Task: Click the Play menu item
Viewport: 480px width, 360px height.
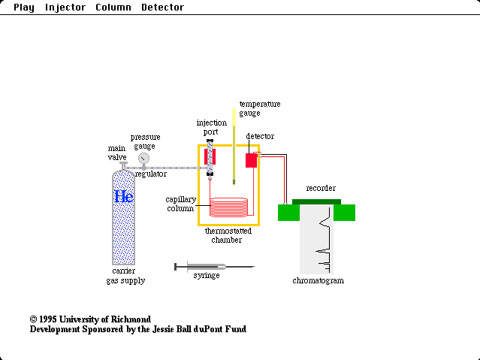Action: click(23, 8)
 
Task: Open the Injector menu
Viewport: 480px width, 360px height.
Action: click(65, 8)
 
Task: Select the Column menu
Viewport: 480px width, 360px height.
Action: click(113, 8)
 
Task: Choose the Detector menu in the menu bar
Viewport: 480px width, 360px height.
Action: click(162, 8)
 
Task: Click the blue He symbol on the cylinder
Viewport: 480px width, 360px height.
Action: click(123, 197)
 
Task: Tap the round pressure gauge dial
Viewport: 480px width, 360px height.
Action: click(143, 159)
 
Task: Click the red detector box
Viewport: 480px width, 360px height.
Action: click(251, 160)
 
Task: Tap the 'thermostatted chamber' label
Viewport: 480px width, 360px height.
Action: click(228, 235)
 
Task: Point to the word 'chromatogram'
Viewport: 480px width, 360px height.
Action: click(318, 281)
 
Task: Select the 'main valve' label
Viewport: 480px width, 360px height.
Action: click(117, 153)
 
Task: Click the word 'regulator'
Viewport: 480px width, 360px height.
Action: click(151, 174)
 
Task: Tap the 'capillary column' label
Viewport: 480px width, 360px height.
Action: click(181, 204)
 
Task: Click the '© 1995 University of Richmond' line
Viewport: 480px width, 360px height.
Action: click(90, 319)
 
